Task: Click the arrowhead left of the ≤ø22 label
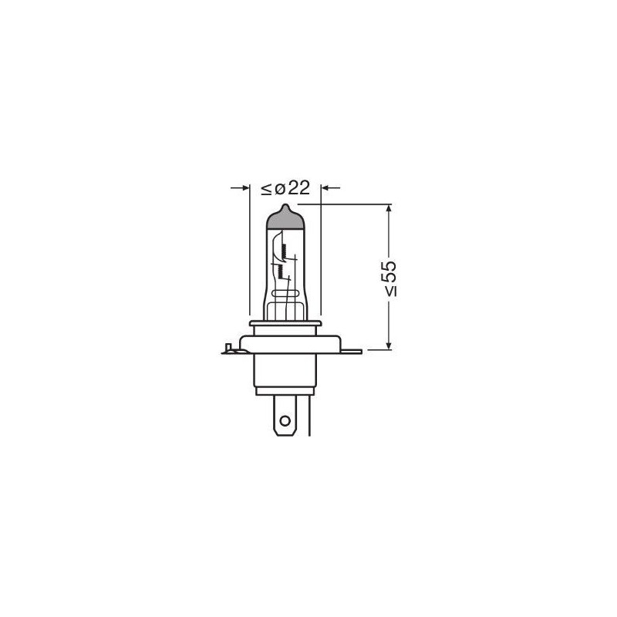pyautogui.click(x=244, y=187)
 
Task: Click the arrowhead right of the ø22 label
pyautogui.click(x=326, y=187)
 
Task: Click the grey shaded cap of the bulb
pyautogui.click(x=285, y=220)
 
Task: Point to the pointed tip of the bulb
pyautogui.click(x=285, y=206)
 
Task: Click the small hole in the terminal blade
pyautogui.click(x=285, y=421)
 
